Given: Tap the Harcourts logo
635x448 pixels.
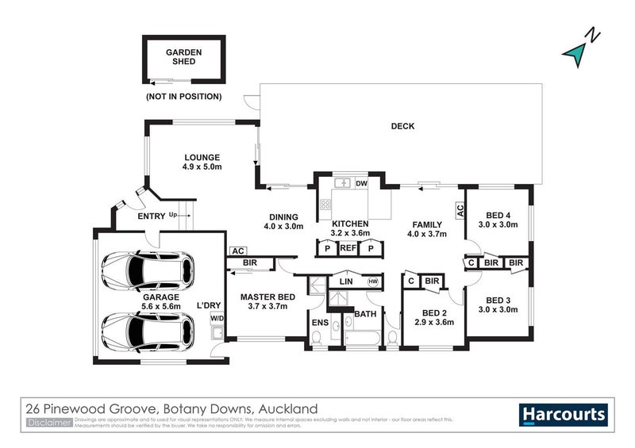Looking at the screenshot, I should click(x=564, y=414).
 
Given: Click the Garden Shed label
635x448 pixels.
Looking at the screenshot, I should click(x=183, y=57).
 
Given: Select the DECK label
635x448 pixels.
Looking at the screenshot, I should click(x=402, y=126).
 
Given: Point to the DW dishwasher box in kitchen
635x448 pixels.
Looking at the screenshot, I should click(x=362, y=183).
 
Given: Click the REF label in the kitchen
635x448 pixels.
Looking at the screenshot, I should click(x=347, y=248).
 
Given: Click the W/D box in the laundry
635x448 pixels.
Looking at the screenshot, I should click(x=216, y=318).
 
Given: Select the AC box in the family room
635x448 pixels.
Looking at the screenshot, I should click(x=459, y=210).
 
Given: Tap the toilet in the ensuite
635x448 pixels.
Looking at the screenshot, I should click(x=317, y=339).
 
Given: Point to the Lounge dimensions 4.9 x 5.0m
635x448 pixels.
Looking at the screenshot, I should click(x=202, y=167).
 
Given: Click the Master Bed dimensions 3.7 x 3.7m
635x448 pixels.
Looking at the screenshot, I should click(x=268, y=307).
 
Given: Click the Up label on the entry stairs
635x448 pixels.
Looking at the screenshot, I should click(x=172, y=215).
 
